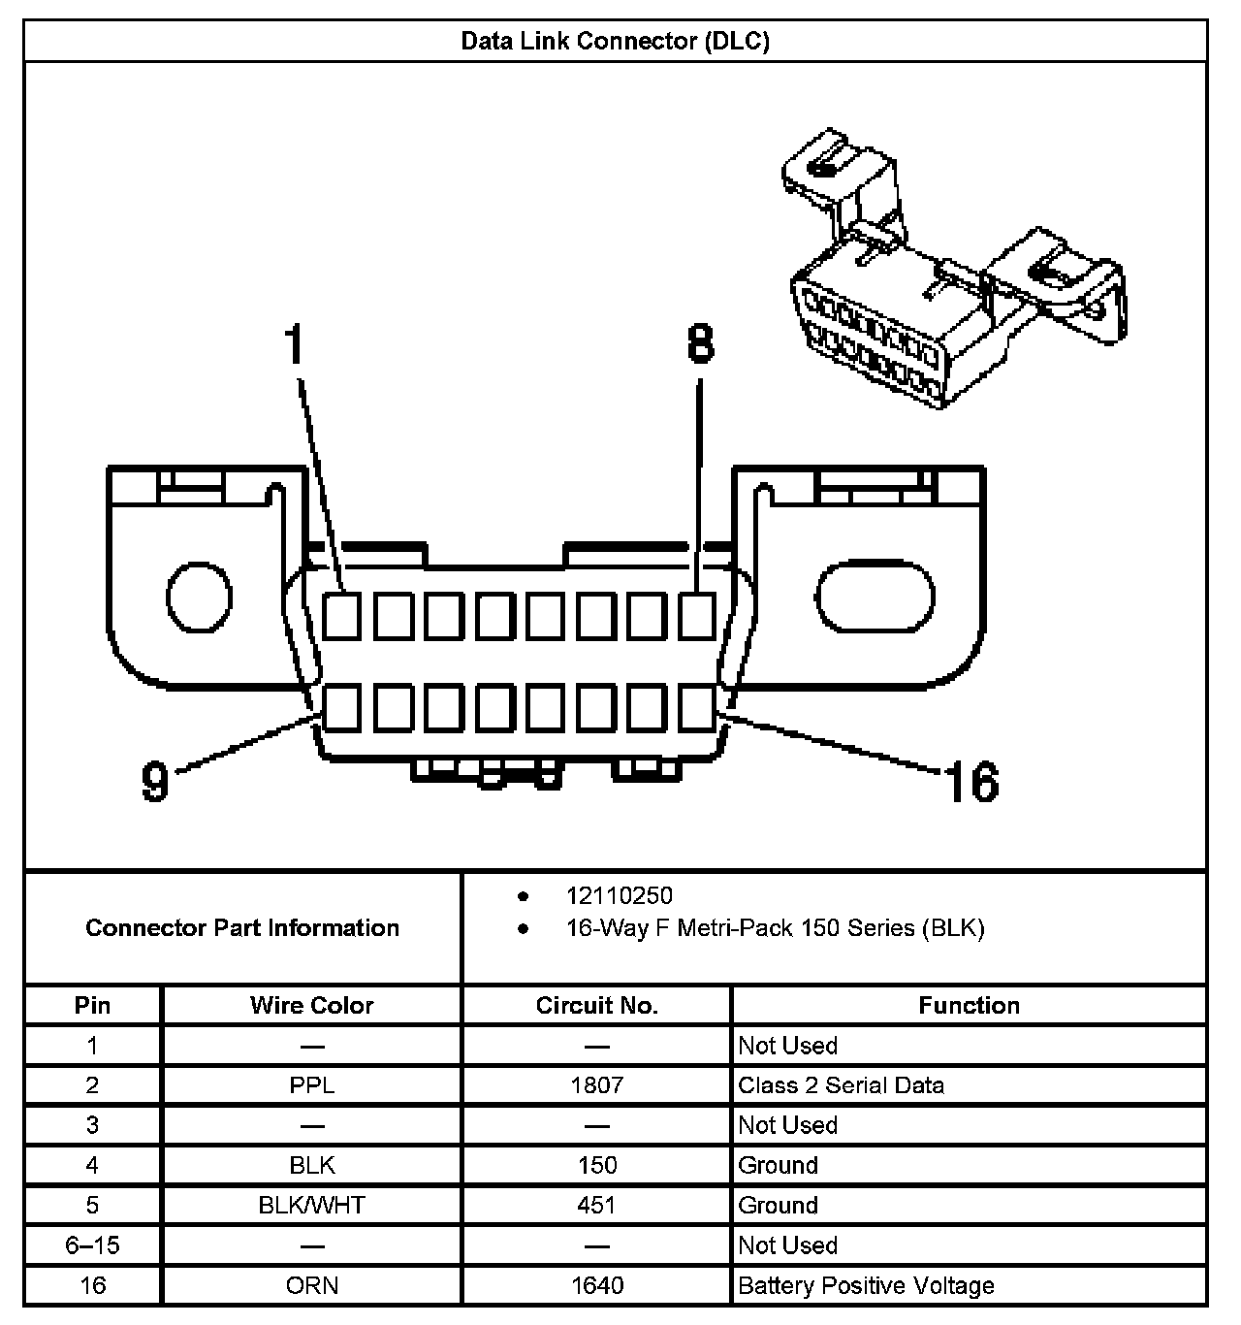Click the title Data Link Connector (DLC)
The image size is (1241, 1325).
coord(615,42)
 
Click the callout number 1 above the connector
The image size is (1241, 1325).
coord(295,346)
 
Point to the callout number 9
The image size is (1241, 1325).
coord(155,780)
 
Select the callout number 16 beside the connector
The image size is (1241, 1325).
coord(971,782)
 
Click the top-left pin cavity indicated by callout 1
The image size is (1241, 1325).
coord(341,615)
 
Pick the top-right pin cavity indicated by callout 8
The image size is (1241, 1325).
coord(696,615)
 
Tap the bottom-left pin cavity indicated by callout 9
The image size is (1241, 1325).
coord(341,707)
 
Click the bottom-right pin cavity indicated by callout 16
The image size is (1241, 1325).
coord(696,707)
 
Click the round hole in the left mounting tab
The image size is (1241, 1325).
coord(199,595)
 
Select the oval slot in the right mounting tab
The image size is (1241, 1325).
coord(875,596)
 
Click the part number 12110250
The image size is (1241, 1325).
coord(620,896)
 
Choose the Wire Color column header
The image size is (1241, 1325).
coord(311,1005)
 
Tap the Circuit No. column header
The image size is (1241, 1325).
coord(596,1005)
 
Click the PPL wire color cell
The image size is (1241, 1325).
coord(311,1085)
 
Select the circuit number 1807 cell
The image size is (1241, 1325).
coord(596,1085)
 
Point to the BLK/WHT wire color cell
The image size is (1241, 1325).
coord(311,1206)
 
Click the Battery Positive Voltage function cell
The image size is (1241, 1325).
coord(866,1286)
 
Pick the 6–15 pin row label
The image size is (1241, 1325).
coord(92,1245)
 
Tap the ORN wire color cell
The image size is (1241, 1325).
coord(311,1286)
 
